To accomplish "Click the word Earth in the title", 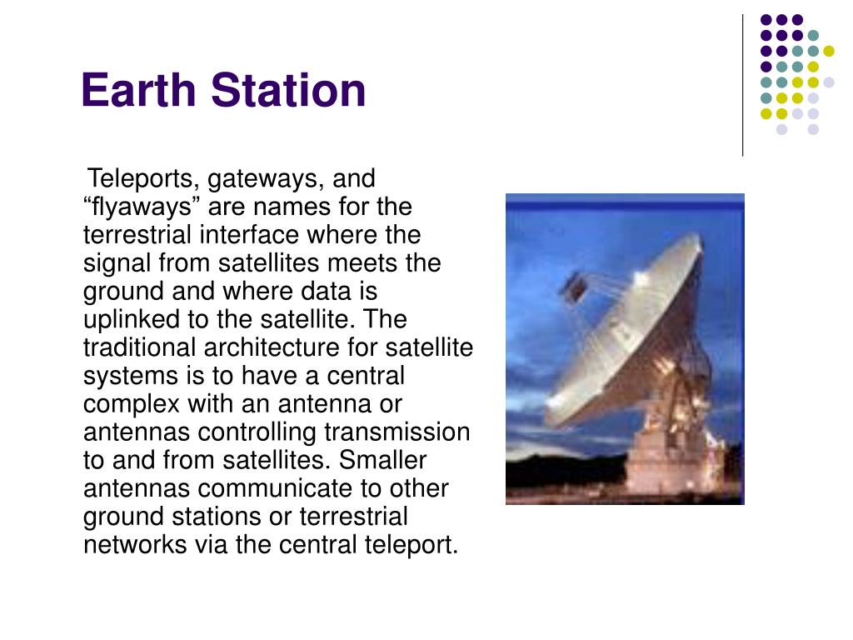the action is pyautogui.click(x=139, y=90).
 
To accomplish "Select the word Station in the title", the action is pyautogui.click(x=288, y=90).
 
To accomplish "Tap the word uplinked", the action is pyautogui.click(x=131, y=319).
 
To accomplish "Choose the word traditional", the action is pyautogui.click(x=139, y=347).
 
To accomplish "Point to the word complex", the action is pyautogui.click(x=131, y=405).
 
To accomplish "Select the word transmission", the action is pyautogui.click(x=397, y=432).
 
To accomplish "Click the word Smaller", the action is pyautogui.click(x=382, y=460).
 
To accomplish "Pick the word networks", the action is pyautogui.click(x=135, y=545).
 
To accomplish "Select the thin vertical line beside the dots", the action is pyautogui.click(x=742, y=86).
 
